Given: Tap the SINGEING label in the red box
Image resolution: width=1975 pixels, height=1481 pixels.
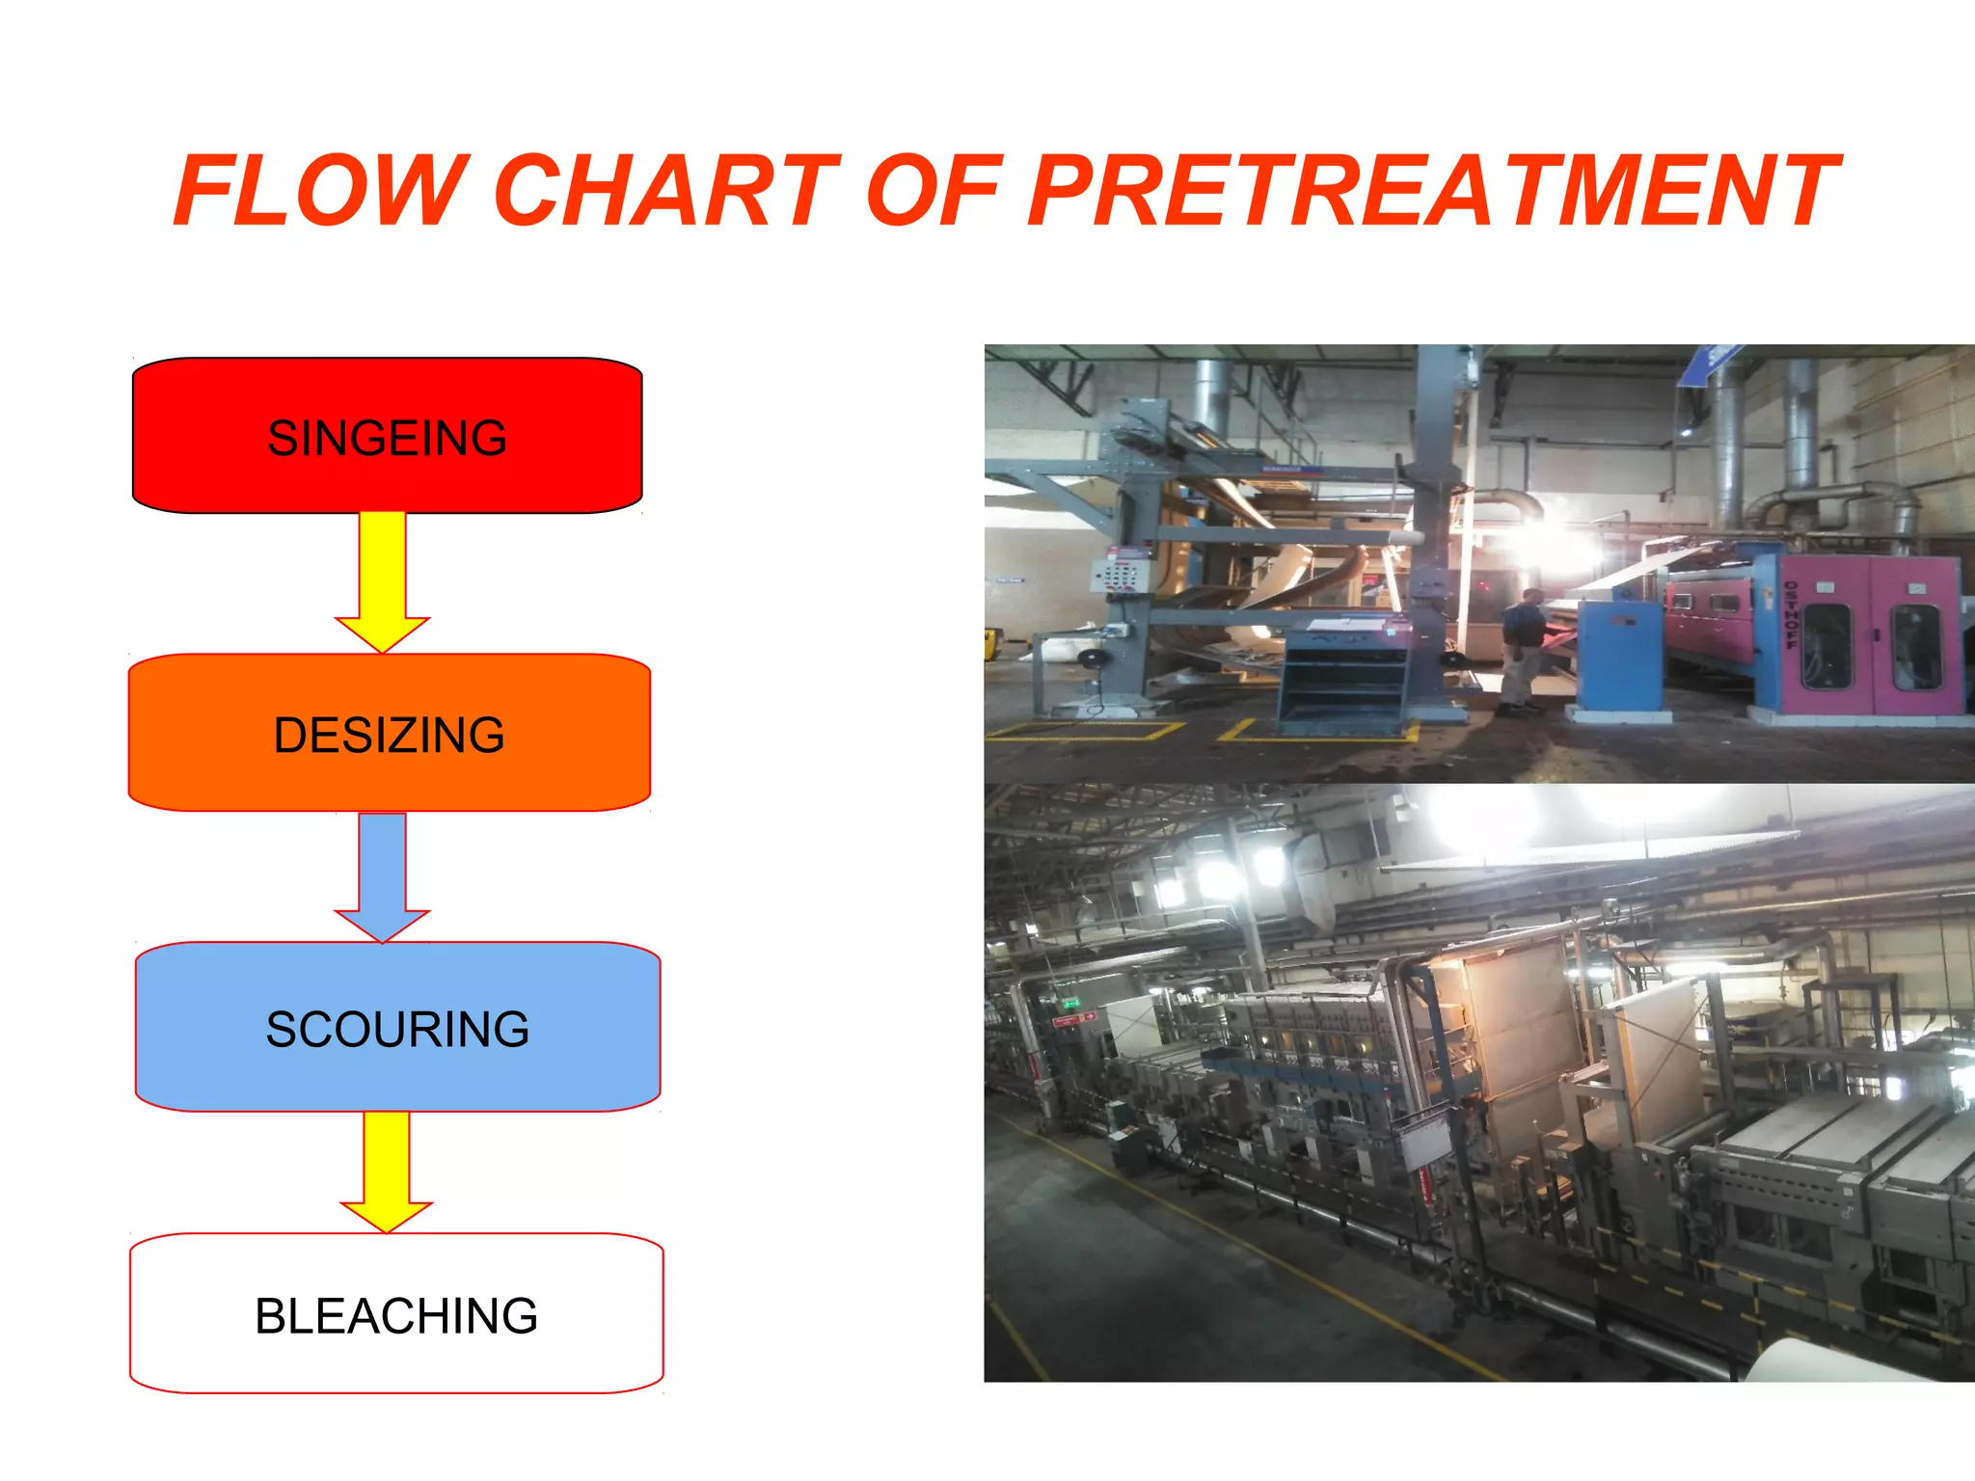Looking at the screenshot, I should [x=387, y=438].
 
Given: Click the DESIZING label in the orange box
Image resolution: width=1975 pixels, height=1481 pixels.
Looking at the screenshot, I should [x=389, y=735].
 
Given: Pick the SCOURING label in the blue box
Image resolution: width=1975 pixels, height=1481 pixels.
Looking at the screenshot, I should [x=397, y=1029].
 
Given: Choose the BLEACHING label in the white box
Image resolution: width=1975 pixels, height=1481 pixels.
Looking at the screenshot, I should [x=396, y=1316].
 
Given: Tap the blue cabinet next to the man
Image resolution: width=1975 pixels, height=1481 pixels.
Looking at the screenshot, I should [x=1621, y=656].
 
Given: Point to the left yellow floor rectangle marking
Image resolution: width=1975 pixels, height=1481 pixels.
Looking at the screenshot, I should [x=1085, y=732].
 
